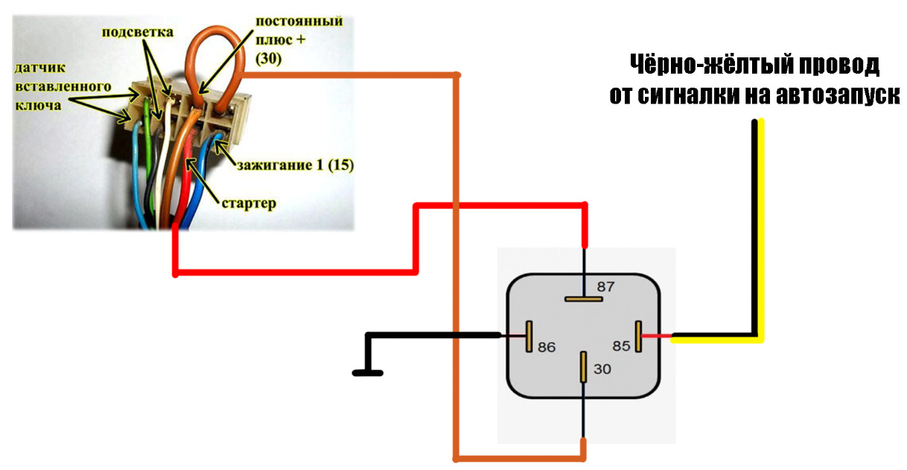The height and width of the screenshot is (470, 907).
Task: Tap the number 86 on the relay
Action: (547, 347)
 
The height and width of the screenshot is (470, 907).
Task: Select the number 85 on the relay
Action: (622, 346)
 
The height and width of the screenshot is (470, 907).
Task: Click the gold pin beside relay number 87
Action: (583, 299)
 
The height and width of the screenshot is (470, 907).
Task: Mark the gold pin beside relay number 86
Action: (529, 337)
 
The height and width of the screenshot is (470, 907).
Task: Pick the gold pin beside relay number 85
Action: (638, 337)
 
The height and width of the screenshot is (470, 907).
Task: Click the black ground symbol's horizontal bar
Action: (368, 372)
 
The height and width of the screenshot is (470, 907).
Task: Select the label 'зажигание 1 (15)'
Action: (295, 165)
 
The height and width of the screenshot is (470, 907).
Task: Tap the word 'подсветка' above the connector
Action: (138, 33)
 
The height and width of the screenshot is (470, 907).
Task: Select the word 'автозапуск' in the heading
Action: (836, 96)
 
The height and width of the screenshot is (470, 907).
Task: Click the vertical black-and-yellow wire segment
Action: (758, 223)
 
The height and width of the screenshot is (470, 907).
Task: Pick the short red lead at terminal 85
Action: (656, 337)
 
